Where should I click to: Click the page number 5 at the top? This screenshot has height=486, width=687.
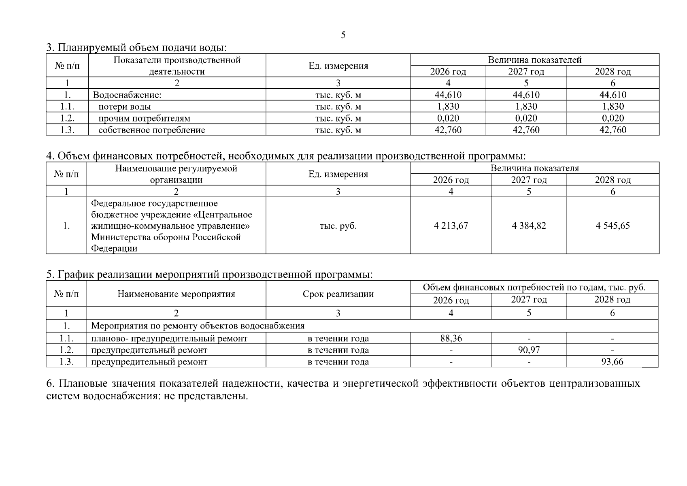(343, 35)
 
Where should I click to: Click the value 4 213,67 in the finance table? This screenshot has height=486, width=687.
(451, 226)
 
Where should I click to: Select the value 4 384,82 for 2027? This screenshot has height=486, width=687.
(529, 226)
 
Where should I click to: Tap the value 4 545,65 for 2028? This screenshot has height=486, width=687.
(613, 226)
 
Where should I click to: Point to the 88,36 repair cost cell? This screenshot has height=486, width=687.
(451, 339)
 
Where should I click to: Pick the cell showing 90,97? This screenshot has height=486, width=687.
(529, 350)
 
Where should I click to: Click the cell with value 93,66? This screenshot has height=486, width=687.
(612, 362)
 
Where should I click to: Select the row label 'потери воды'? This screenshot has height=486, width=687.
(125, 107)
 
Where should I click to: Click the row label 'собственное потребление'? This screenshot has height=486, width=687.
(152, 130)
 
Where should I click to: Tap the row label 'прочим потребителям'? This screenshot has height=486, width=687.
(144, 119)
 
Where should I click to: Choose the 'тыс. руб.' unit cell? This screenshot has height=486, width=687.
(338, 226)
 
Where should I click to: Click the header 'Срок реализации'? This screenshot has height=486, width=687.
(338, 294)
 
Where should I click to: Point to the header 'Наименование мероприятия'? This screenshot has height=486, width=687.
(176, 294)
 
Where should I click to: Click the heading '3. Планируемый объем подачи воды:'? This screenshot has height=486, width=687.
(136, 48)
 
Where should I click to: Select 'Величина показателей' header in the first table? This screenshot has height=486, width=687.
(534, 60)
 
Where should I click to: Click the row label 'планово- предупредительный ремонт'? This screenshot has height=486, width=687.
(169, 339)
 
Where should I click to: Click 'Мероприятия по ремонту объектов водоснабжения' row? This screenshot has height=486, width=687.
(198, 326)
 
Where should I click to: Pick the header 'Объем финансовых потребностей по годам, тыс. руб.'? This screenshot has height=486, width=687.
(534, 288)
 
